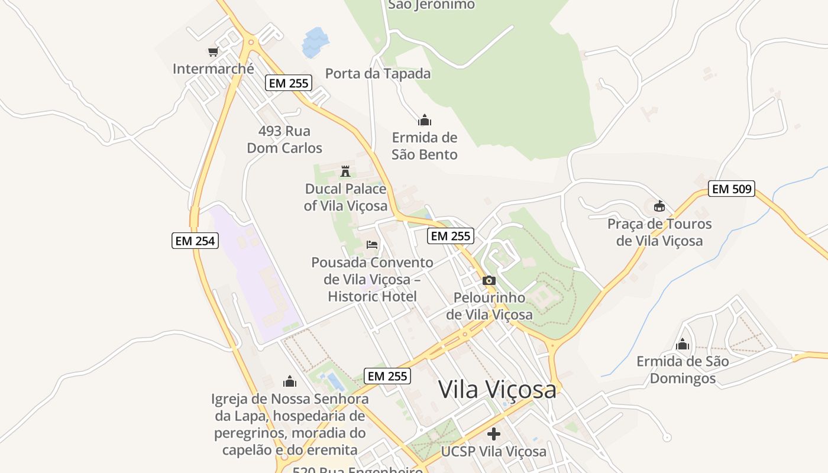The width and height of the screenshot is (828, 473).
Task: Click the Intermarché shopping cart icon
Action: click(213, 51)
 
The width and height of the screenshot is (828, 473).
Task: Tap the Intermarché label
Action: click(213, 69)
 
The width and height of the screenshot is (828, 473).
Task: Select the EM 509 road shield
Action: click(732, 189)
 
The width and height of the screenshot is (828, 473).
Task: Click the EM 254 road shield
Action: click(195, 241)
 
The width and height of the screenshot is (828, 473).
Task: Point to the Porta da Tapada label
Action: click(378, 74)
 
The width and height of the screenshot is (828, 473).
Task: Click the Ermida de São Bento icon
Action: click(425, 121)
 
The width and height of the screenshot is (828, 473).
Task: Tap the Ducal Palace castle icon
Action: click(345, 172)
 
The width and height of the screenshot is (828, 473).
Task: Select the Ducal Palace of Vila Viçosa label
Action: click(346, 197)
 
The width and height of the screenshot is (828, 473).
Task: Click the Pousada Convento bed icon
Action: click(372, 244)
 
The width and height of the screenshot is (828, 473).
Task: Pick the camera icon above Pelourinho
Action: click(489, 281)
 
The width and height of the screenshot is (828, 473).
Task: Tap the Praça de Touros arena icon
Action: click(659, 206)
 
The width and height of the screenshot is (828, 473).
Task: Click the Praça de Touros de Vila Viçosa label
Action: click(659, 232)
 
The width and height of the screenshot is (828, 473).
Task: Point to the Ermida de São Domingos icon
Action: click(683, 344)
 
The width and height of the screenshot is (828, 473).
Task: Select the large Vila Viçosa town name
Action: click(497, 390)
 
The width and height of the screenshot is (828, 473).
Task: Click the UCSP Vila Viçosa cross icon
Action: click(494, 435)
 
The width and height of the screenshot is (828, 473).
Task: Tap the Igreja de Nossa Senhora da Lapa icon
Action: click(290, 381)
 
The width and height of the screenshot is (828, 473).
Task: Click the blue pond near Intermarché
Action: click(315, 42)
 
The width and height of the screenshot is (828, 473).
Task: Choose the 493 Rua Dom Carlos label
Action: click(284, 140)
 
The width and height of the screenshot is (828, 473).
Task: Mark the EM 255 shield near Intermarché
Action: click(289, 83)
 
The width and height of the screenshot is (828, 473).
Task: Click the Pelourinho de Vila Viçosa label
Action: click(489, 306)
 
